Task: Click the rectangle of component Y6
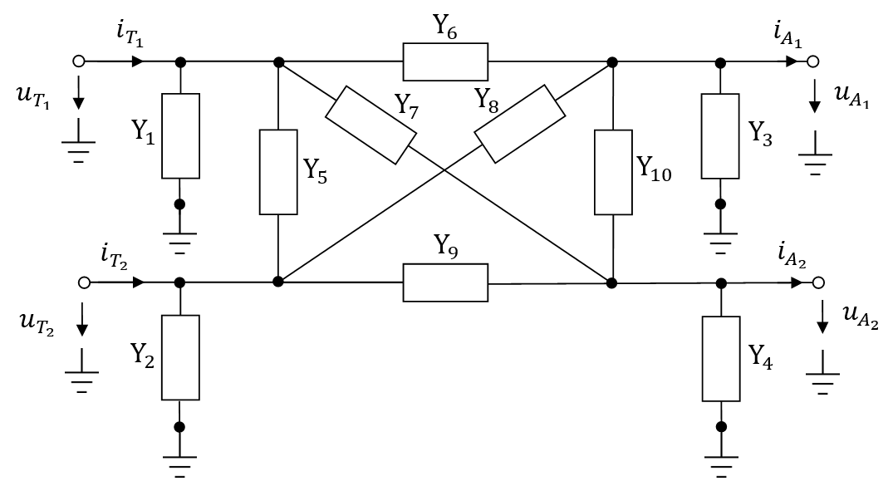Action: pos(445,61)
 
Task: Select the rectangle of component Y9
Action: pos(445,282)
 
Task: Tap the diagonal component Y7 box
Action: pos(370,127)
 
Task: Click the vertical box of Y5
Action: pos(278,171)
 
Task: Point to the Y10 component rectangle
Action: pos(613,172)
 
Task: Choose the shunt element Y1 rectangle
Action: pos(180,136)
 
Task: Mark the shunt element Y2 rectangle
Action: pos(180,357)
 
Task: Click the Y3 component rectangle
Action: pos(720,136)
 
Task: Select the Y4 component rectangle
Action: pos(721,357)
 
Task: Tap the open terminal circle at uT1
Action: pos(79,61)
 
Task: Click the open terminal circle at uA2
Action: pos(818,282)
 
